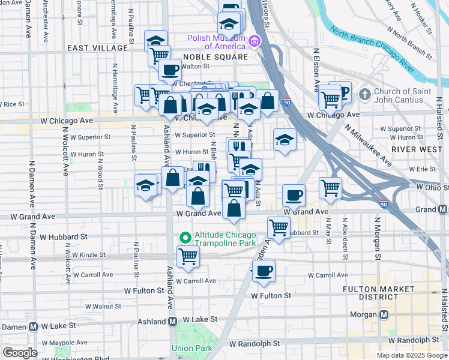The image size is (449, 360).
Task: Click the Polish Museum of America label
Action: pos(216,41)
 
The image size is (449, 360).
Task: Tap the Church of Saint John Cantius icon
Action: pos(365,95)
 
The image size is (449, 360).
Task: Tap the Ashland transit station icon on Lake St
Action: pos(173,321)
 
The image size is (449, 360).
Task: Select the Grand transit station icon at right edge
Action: pos(442,209)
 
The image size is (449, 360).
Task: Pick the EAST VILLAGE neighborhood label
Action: pos(97,47)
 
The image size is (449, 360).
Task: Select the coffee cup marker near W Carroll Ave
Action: pos(263,271)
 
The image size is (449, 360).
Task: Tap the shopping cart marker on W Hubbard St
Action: pos(279,227)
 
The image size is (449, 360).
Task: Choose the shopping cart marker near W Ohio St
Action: pos(330,188)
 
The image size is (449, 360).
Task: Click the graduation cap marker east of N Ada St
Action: pos(285,140)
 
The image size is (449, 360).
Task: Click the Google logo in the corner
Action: pos(20,353)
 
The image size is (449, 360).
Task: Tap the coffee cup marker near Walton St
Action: pos(170,70)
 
